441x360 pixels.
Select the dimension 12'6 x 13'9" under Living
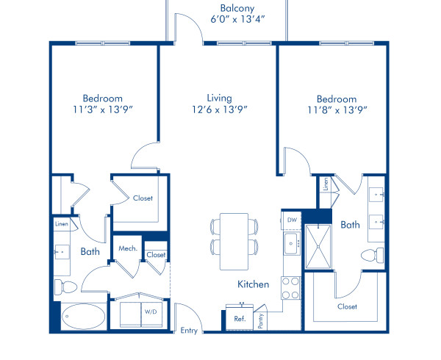point(220,109)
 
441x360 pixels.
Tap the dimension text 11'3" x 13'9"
point(102,109)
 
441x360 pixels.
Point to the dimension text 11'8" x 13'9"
point(337,110)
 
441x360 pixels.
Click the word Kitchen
point(252,284)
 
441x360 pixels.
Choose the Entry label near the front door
point(189,331)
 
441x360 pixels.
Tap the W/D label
point(150,312)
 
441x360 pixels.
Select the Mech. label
point(127,249)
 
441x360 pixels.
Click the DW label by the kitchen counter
point(290,219)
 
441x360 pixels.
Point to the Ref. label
point(240,319)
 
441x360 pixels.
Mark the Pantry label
point(261,322)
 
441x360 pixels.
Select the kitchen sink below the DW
point(290,242)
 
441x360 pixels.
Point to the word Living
point(219,98)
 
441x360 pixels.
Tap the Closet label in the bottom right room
point(347,306)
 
